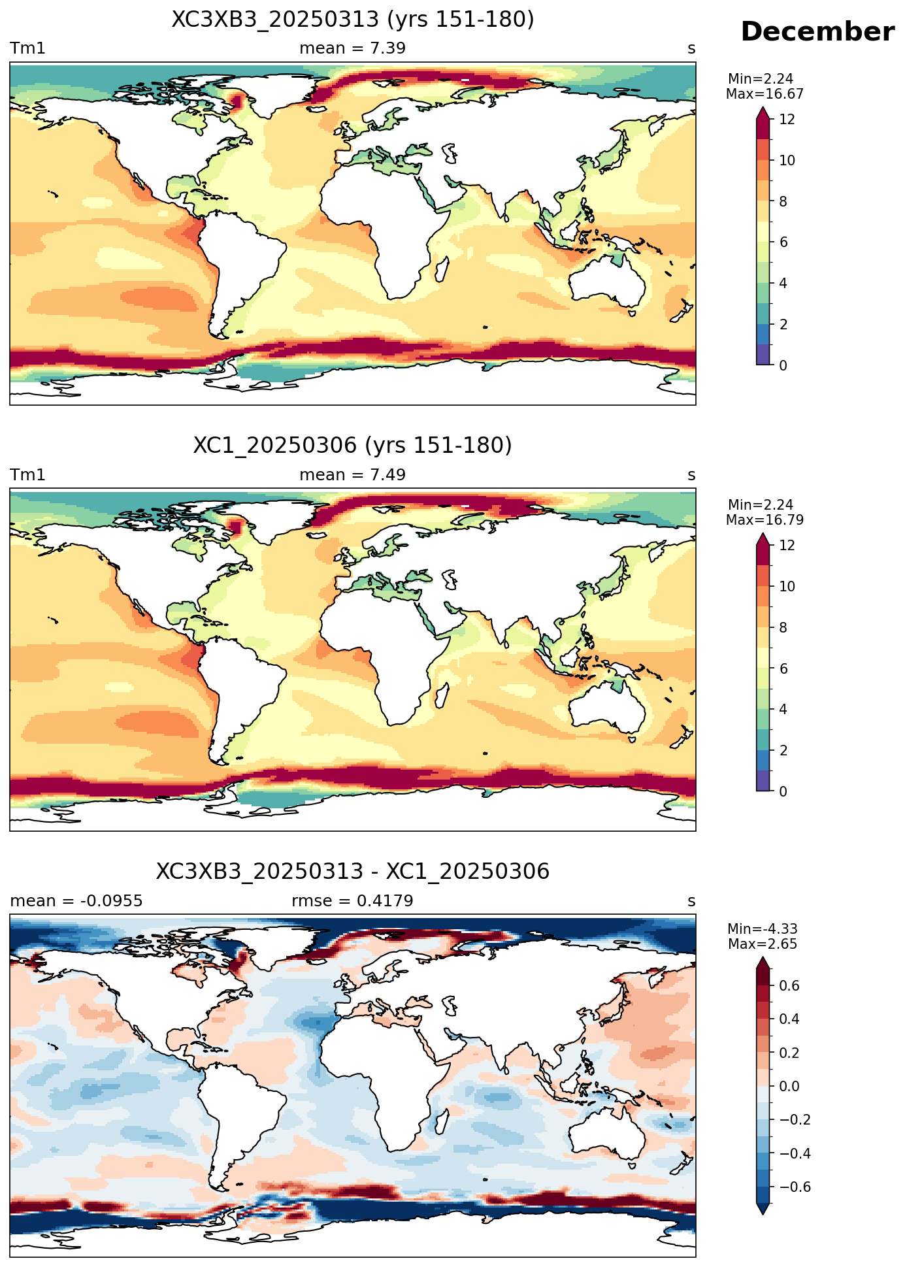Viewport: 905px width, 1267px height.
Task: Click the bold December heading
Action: (817, 32)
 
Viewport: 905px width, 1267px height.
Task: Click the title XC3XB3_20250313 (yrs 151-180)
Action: (353, 20)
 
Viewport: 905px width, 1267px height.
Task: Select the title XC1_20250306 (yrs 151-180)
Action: (353, 446)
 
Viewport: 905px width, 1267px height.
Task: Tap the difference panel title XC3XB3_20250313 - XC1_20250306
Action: (353, 872)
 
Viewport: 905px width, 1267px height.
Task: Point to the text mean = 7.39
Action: (353, 48)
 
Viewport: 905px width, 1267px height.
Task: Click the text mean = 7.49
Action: (353, 475)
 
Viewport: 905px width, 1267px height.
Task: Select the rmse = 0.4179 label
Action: (352, 901)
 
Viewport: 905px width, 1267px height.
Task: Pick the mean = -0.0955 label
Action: (76, 901)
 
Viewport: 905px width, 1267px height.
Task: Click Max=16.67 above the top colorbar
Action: (765, 94)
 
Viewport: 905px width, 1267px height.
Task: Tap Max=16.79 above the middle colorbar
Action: (765, 520)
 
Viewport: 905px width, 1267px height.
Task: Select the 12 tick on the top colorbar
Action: (787, 120)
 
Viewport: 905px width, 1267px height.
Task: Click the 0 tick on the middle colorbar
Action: (783, 791)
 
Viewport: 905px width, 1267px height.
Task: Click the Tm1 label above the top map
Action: (27, 48)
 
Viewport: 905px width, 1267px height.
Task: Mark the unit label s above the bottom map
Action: (691, 902)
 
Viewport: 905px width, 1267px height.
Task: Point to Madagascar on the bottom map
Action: (442, 1123)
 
